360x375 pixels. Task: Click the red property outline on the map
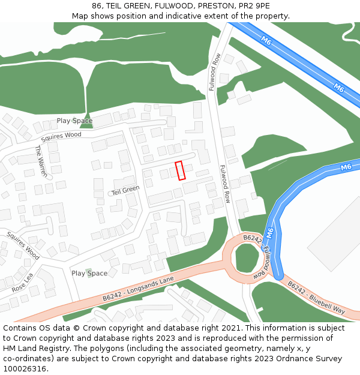179,170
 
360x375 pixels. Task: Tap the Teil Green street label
125,190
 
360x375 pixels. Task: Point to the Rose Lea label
23,284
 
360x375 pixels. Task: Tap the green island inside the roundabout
247,257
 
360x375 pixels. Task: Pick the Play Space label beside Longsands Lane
89,273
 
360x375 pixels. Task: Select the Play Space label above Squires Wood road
74,121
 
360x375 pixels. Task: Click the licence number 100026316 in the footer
25,368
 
